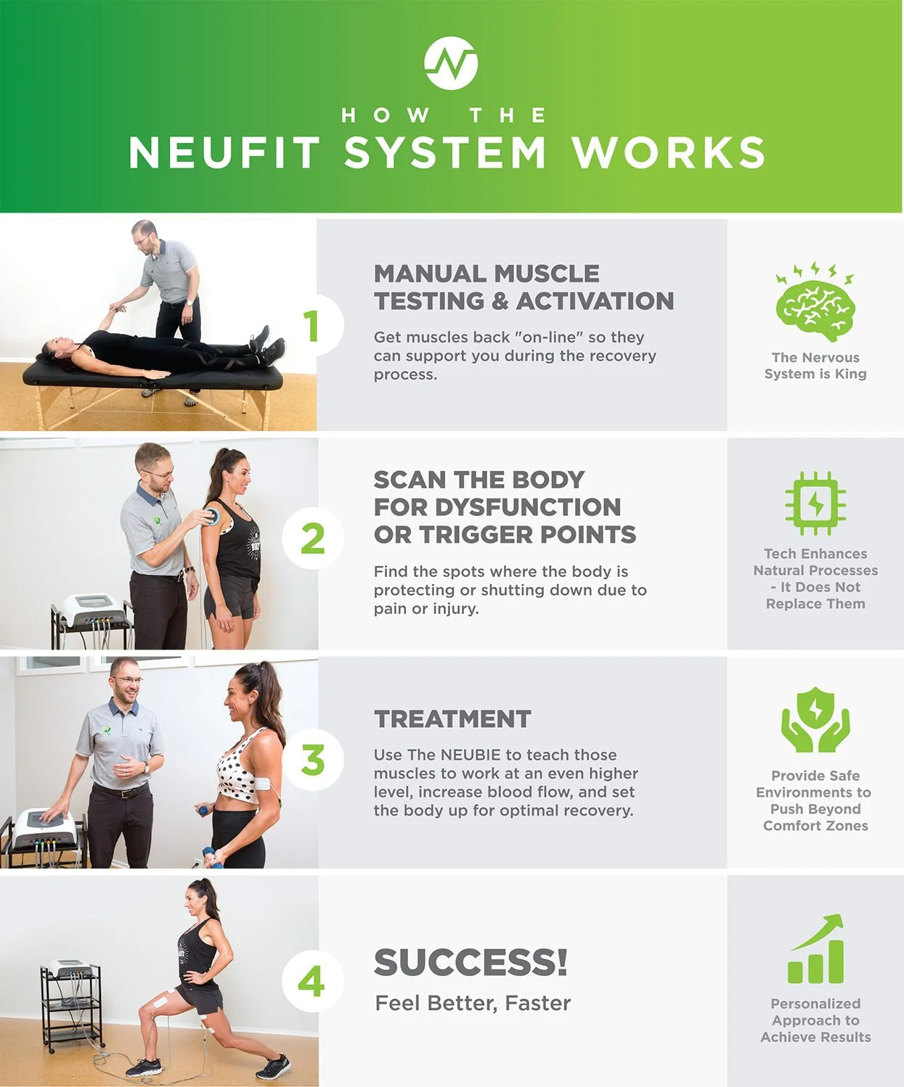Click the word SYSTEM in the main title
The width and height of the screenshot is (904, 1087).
click(444, 153)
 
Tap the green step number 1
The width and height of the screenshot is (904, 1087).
click(311, 326)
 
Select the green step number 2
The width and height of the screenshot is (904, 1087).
click(312, 539)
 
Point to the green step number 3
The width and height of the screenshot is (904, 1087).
click(313, 760)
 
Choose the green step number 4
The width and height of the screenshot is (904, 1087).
click(311, 983)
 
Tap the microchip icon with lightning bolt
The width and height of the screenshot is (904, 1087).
click(815, 502)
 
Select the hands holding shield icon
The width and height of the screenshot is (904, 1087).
click(815, 720)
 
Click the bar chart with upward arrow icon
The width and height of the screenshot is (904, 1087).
click(816, 949)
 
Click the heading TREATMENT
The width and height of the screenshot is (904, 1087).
click(452, 719)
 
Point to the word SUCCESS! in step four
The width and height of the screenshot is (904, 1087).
click(471, 963)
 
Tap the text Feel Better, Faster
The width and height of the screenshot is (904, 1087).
click(473, 1004)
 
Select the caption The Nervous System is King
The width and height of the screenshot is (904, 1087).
click(815, 366)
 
